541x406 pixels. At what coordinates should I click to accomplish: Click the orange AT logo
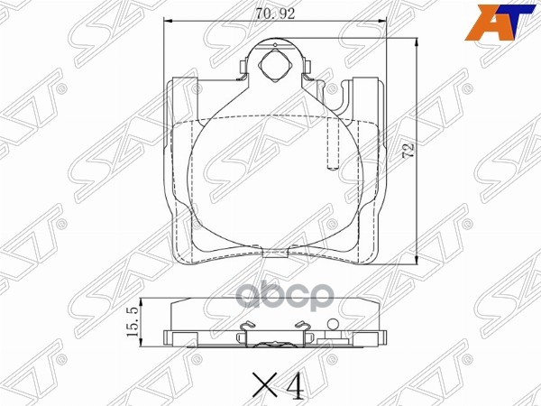point(497,22)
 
